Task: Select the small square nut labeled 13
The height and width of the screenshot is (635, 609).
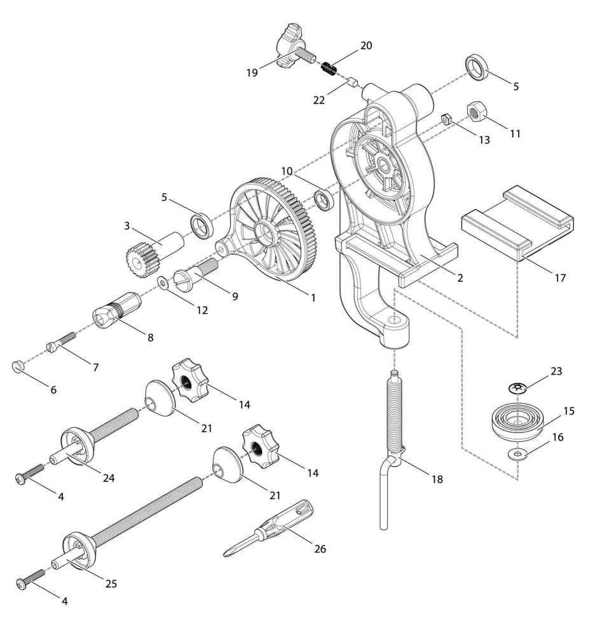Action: pos(447,118)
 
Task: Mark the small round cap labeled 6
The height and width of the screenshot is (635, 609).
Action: pos(18,366)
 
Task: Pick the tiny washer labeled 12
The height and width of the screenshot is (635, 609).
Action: pos(163,282)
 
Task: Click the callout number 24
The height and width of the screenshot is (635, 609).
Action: pos(109,478)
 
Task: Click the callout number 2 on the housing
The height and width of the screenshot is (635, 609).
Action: pos(460,277)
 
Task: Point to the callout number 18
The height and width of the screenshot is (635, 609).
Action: pos(437,479)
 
